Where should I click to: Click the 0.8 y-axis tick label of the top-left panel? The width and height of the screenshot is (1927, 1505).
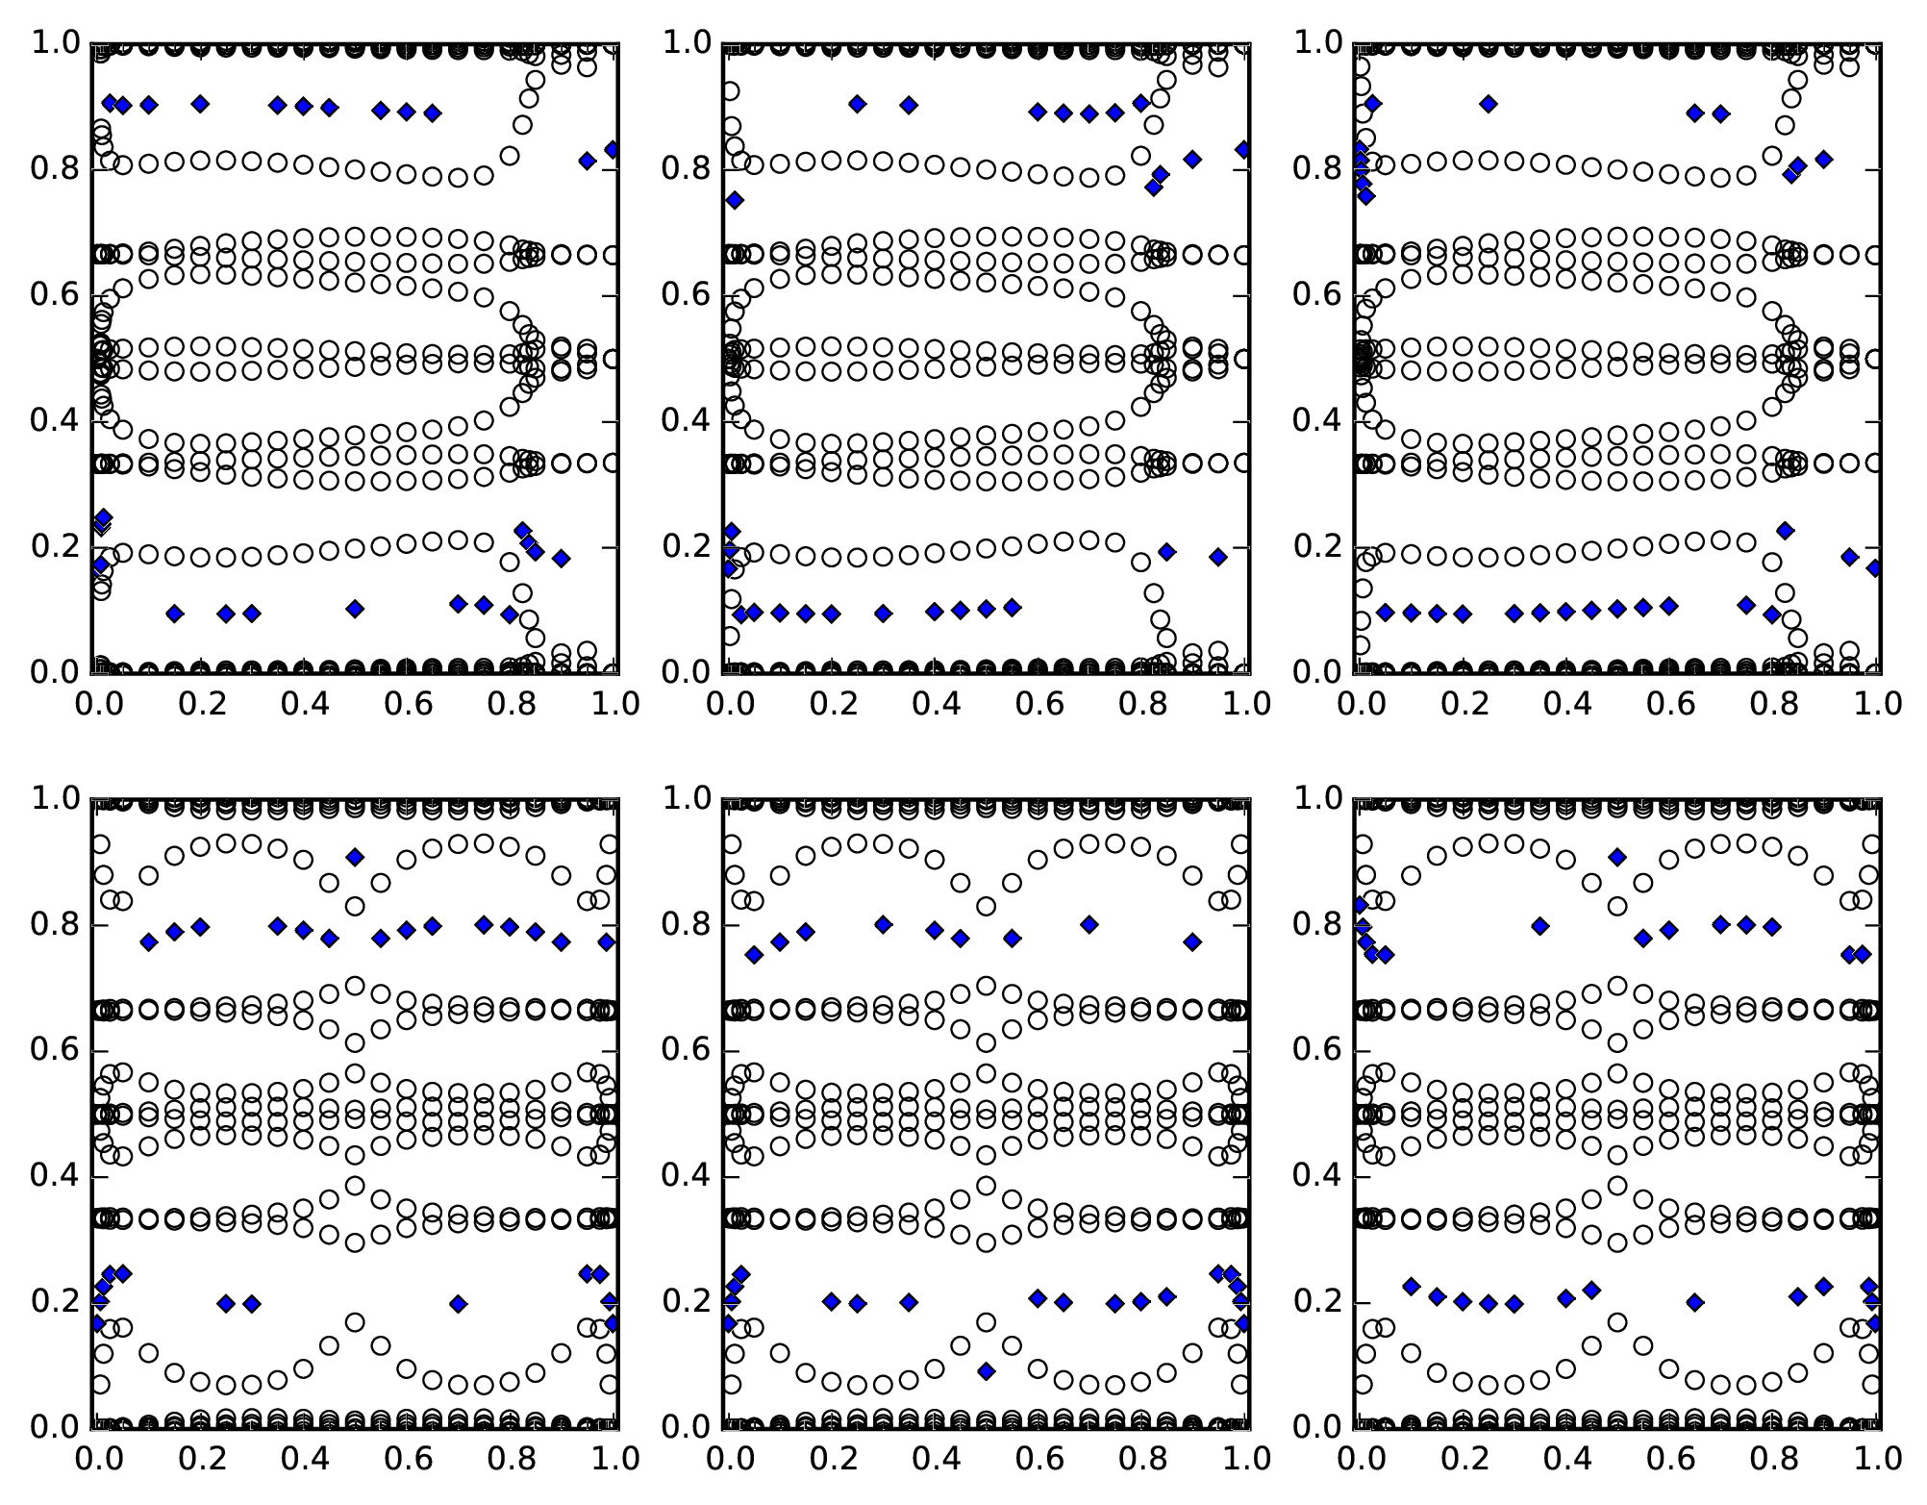coord(57,169)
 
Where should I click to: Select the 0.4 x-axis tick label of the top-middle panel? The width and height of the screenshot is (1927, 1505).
coord(933,704)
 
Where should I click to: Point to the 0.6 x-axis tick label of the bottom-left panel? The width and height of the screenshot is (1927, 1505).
coord(407,1459)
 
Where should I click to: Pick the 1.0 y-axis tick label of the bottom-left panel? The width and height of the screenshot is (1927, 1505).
coord(57,799)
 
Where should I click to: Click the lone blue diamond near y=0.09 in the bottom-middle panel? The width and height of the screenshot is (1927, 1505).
coord(986,1371)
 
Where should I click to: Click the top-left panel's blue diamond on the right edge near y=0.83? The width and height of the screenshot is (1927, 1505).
coord(612,149)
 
